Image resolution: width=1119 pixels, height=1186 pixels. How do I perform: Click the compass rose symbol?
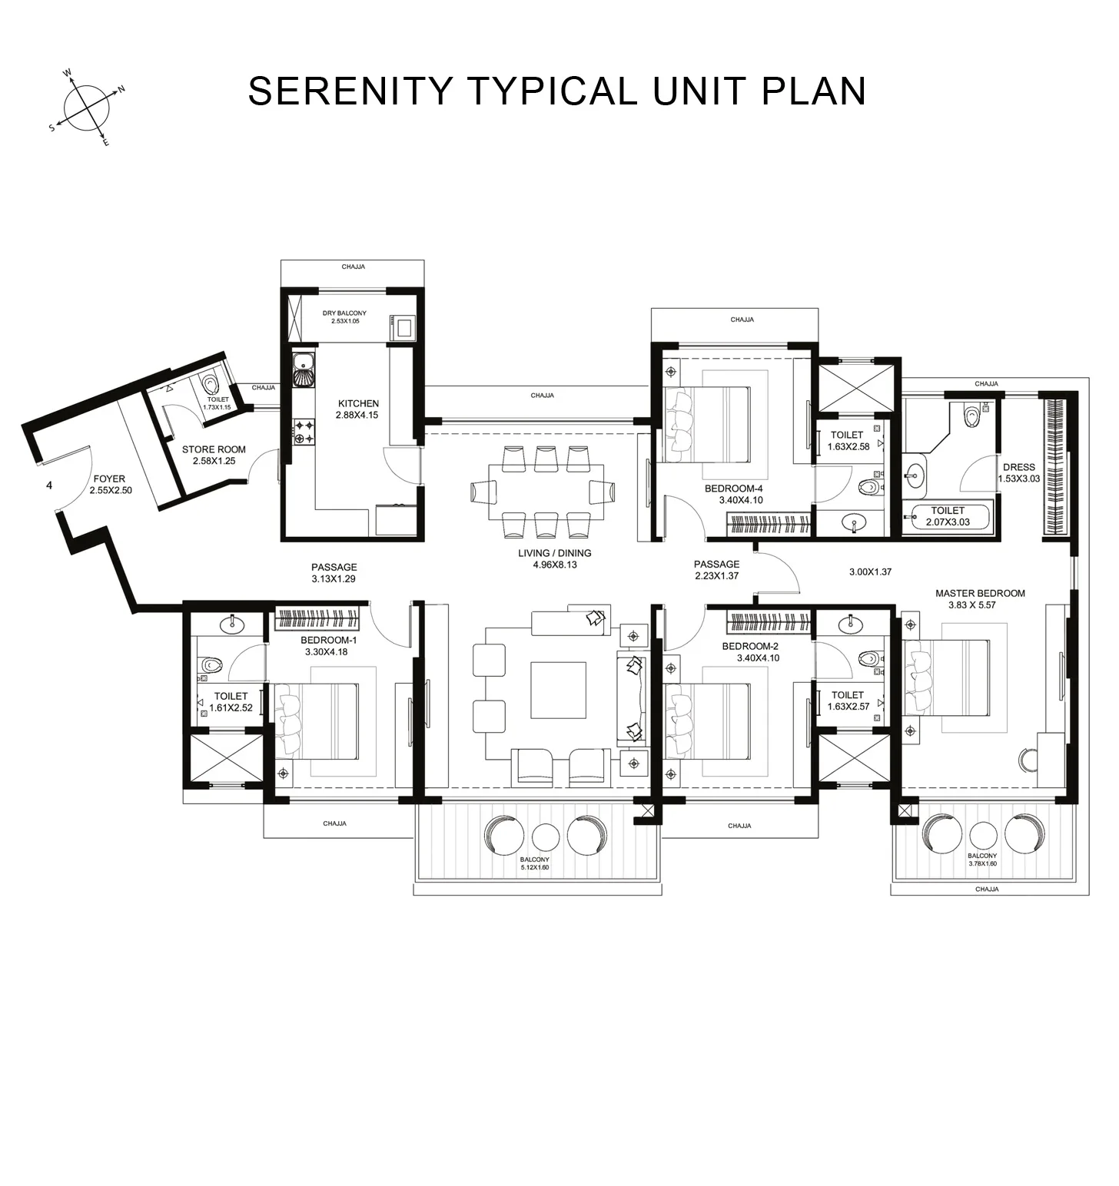pos(85,108)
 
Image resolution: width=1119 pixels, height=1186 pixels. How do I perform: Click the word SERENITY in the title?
pos(350,91)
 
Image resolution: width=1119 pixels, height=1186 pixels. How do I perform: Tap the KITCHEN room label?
pos(358,403)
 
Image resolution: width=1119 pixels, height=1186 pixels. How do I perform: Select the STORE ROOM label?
pos(214,450)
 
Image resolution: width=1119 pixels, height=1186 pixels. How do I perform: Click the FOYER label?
pos(109,479)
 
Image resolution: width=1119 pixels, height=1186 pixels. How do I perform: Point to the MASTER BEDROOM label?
pos(980,593)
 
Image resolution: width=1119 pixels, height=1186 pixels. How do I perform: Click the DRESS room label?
pos(1018,467)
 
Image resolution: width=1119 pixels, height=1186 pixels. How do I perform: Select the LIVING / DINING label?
pos(554,553)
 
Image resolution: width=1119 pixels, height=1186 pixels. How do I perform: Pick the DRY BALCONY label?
pos(344,313)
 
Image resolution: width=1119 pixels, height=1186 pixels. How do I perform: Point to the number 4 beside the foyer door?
pos(49,485)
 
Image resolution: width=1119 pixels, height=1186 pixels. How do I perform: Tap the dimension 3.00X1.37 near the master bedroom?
pos(870,571)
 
